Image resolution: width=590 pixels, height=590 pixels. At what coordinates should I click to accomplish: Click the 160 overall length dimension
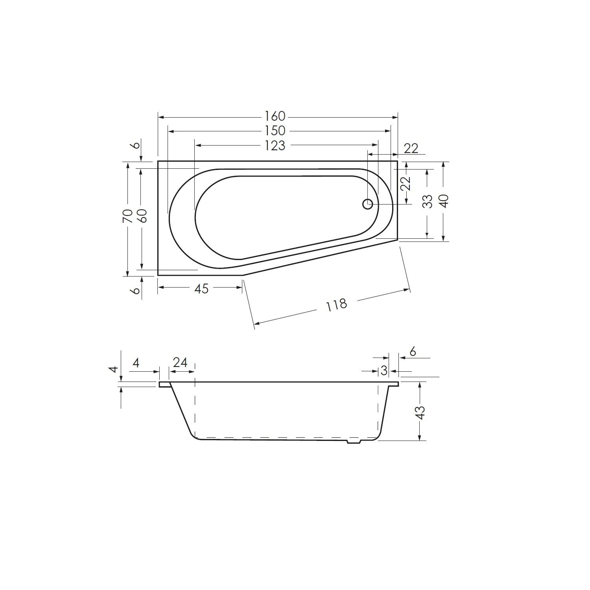[x=275, y=116]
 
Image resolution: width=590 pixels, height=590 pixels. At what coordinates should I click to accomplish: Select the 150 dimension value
[x=275, y=131]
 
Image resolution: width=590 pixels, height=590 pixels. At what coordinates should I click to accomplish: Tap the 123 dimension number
[x=275, y=146]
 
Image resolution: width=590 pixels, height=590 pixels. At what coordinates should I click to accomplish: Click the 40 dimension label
[x=444, y=201]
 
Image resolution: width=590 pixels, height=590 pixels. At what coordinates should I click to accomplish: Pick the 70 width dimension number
[x=127, y=216]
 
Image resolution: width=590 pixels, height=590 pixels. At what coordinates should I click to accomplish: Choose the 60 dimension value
[x=142, y=216]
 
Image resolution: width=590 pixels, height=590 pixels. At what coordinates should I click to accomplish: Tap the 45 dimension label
[x=201, y=289]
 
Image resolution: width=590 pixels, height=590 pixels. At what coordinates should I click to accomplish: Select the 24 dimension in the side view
[x=180, y=362]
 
